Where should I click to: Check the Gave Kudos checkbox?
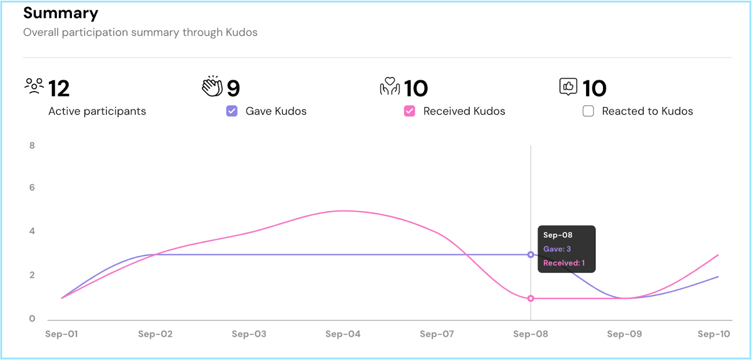tap(232, 111)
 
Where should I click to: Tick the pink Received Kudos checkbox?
tap(409, 111)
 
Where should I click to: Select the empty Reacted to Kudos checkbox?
tap(588, 111)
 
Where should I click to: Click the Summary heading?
tap(61, 13)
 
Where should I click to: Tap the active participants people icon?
tap(34, 86)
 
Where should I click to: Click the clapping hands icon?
tap(212, 86)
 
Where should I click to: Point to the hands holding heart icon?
tap(390, 86)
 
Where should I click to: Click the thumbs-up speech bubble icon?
tap(568, 86)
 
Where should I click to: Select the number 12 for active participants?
tap(59, 88)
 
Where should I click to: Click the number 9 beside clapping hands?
tap(233, 88)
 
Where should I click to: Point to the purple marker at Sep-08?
tap(531, 255)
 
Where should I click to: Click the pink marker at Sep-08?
tap(531, 298)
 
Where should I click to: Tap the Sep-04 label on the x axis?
tap(343, 334)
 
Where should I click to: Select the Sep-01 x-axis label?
tap(62, 334)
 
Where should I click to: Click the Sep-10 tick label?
tap(713, 334)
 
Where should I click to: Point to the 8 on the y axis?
tap(32, 146)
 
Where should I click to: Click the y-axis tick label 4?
tap(32, 231)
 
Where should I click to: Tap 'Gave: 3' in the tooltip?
tap(557, 249)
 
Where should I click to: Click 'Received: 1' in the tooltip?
tap(564, 263)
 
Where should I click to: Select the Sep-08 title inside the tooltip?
tap(557, 235)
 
